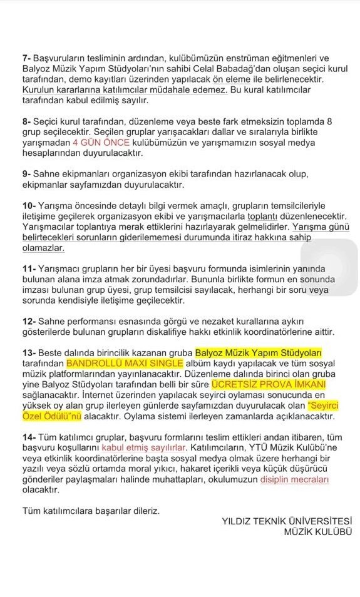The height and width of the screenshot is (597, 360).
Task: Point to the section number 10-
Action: pos(28,205)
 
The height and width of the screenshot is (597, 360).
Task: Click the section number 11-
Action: pos(28,268)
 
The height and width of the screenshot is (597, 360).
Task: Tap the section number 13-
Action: pos(28,352)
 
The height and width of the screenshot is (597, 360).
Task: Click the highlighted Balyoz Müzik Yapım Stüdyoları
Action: pos(258,352)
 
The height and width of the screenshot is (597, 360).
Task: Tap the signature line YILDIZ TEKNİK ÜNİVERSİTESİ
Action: pos(287,521)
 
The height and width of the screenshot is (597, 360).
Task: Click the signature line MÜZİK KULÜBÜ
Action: pos(317,532)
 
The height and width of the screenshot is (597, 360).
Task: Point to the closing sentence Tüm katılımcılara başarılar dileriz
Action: pos(91,511)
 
